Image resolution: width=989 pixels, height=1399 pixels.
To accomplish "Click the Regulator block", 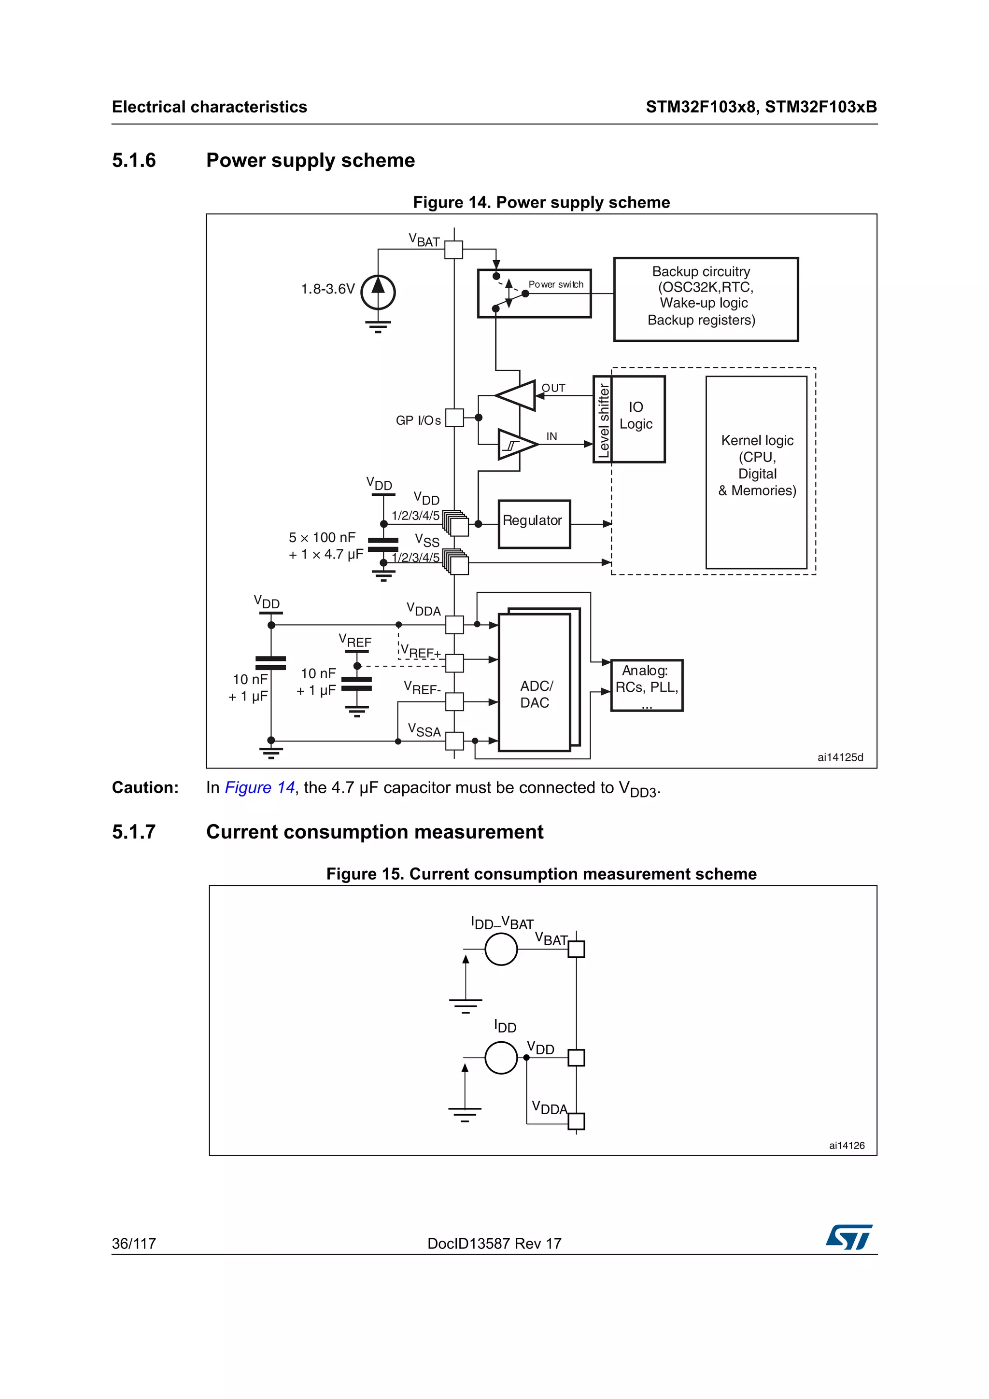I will click(x=534, y=524).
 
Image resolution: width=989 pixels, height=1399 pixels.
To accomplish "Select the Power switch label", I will click(x=555, y=284).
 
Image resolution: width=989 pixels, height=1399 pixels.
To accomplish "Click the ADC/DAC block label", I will click(x=535, y=694).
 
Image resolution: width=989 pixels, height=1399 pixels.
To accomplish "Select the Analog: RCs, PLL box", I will click(x=646, y=686).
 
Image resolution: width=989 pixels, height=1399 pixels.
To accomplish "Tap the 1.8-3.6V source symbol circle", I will click(x=378, y=293).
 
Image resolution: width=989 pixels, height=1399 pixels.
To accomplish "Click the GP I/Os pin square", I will click(x=454, y=418).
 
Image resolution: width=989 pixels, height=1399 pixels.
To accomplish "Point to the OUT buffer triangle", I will click(x=517, y=395).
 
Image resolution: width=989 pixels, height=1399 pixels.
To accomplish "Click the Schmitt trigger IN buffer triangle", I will click(x=516, y=445).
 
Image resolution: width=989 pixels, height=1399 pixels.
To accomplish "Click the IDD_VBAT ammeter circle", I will click(x=501, y=949).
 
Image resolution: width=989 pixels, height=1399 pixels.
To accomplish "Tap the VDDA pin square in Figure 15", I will click(x=576, y=1121).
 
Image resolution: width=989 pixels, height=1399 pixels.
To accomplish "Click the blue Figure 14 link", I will click(x=260, y=788).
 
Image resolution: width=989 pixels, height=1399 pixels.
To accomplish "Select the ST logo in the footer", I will click(x=849, y=1236).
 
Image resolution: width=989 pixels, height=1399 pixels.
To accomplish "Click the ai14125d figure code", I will click(x=840, y=757).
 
